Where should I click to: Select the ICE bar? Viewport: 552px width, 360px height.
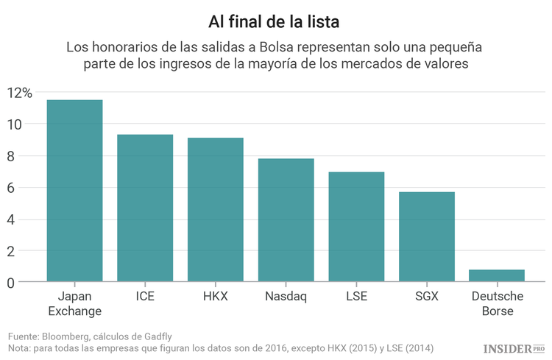coord(145,208)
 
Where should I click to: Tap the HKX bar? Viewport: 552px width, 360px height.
coord(216,209)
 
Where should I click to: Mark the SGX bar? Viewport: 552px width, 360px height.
coord(427,236)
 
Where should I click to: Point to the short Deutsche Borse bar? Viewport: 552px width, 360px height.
coord(497,275)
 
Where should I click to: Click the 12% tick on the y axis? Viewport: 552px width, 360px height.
coord(19,93)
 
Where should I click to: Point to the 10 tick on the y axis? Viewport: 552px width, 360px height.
coord(15,124)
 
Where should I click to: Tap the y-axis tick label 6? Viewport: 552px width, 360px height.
coord(10,188)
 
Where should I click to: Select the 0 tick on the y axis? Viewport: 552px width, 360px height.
coord(10,283)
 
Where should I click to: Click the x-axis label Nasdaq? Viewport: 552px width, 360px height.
coord(286,296)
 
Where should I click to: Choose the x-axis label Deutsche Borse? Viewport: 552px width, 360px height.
coord(497,303)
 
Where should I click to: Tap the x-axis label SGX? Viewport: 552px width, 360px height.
coord(427,296)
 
